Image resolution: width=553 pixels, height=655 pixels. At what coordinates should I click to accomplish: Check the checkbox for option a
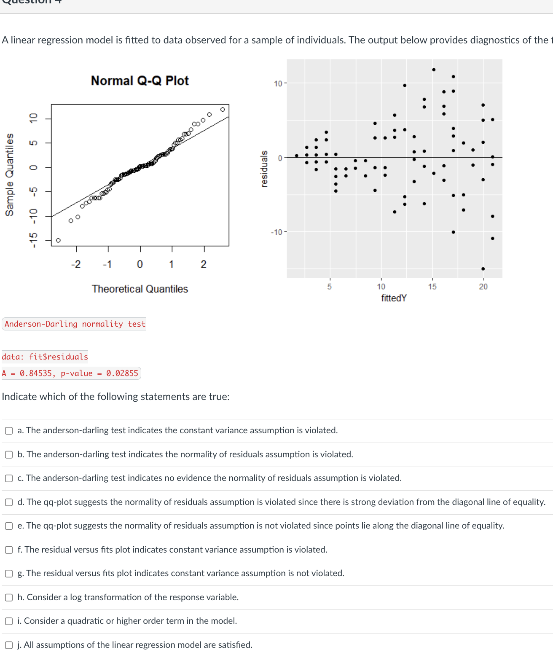9,431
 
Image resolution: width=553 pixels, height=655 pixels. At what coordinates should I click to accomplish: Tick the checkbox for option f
9,550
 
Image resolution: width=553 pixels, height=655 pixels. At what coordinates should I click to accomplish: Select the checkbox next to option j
9,645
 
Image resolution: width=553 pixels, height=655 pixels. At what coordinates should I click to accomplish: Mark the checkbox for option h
9,597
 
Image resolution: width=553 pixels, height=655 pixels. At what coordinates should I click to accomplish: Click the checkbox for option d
9,502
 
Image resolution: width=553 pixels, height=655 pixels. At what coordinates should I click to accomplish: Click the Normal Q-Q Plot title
140,81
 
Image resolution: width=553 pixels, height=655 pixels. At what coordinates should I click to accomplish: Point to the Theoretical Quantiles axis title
140,289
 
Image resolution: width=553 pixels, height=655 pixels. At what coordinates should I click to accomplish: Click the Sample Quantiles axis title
9,175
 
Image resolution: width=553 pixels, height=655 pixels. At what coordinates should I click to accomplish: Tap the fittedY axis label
394,298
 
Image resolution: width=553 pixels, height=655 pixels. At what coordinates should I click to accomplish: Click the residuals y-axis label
264,169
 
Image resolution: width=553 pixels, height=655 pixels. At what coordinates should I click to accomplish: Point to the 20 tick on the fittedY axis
483,287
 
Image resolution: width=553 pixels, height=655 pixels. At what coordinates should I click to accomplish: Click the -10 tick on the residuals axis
276,232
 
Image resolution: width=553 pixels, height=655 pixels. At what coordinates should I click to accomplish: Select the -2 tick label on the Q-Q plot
75,264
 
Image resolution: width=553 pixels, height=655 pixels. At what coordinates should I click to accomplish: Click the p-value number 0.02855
122,373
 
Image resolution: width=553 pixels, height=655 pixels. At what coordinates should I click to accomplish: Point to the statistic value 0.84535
35,373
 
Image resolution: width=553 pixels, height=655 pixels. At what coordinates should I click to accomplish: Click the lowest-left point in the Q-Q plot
58,240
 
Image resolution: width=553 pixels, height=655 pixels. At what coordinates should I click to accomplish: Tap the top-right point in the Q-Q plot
223,109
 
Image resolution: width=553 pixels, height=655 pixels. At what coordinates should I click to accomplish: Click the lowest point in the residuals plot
483,268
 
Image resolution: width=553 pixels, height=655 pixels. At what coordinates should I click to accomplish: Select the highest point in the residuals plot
434,70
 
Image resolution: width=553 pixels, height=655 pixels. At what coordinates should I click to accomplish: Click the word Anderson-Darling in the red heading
41,324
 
